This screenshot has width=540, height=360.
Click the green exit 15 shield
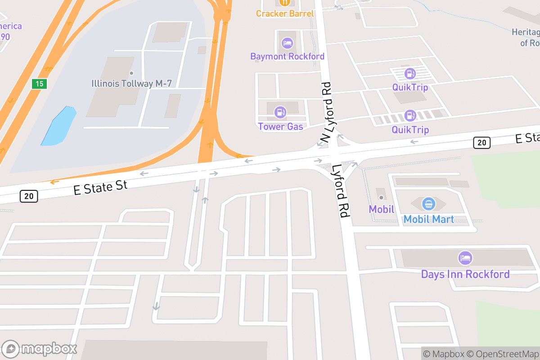tap(40, 84)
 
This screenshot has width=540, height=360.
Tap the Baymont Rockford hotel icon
tap(287, 44)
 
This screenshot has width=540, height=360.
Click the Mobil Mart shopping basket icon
tap(428, 204)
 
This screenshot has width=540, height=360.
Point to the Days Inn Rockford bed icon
tap(465, 258)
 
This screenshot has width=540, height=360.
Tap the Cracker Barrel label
tap(285, 13)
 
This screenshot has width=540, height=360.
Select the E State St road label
tap(101, 186)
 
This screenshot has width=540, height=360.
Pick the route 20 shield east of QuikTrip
tap(481, 143)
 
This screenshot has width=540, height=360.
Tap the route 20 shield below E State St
tap(29, 196)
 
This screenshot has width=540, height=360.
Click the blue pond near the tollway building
tap(58, 126)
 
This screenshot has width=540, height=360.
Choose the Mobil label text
tap(381, 209)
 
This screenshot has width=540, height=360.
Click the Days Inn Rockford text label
tap(465, 274)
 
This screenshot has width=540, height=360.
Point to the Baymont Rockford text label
tap(287, 56)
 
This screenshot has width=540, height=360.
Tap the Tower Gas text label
tap(280, 126)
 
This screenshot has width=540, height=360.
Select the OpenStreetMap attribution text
tap(502, 354)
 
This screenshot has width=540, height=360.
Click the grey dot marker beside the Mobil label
tap(381, 197)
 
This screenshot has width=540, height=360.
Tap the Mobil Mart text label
tap(428, 219)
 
